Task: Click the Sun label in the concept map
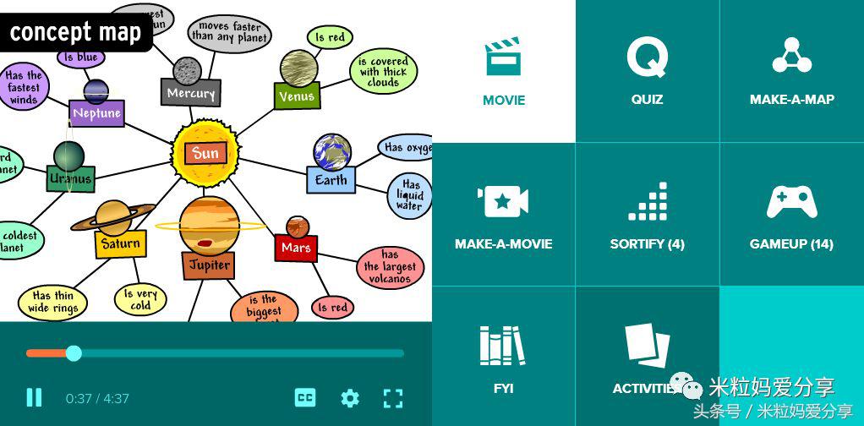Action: click(205, 154)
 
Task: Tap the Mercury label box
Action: click(191, 93)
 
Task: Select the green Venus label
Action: click(298, 96)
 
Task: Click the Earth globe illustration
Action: click(331, 151)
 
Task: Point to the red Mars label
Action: click(296, 248)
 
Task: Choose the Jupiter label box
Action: click(209, 265)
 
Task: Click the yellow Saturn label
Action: click(120, 244)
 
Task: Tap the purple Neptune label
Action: click(96, 113)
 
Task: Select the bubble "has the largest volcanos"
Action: click(389, 266)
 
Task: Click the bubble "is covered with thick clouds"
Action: click(383, 72)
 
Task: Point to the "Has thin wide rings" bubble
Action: click(52, 302)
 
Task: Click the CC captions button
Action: click(305, 398)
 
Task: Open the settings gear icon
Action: click(350, 398)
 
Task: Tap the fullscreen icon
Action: click(393, 398)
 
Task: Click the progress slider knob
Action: click(74, 353)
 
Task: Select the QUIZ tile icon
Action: click(647, 57)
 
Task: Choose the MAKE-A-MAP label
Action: click(791, 100)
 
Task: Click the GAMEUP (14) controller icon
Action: click(791, 203)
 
